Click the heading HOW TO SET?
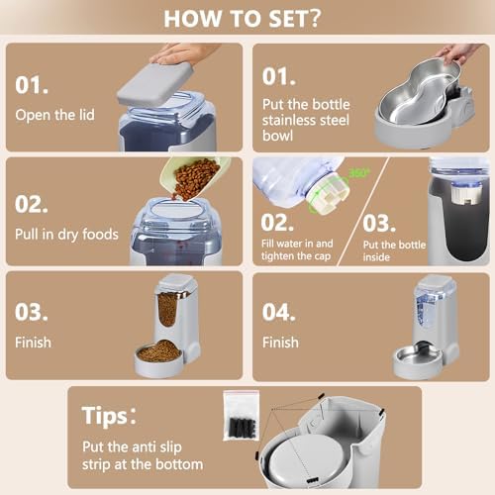[x=247, y=19]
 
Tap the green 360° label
[x=358, y=173]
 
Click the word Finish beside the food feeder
[x=35, y=344]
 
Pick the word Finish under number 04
[x=280, y=343]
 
